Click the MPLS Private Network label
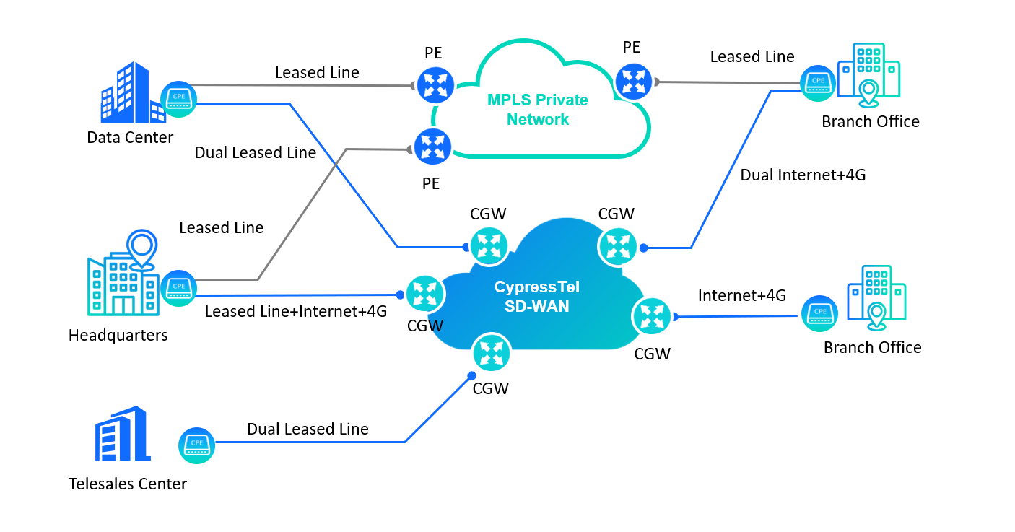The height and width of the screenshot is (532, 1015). click(537, 110)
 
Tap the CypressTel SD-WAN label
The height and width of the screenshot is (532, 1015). click(536, 297)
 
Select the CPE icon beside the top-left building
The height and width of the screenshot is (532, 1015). click(178, 99)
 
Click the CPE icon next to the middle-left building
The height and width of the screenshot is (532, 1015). click(178, 288)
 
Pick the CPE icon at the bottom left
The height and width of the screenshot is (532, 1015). click(196, 445)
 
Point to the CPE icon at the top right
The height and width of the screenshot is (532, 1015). click(818, 83)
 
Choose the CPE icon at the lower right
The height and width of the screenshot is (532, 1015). click(819, 314)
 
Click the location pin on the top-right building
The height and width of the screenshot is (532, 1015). click(869, 93)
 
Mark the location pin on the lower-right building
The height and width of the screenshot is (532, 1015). click(876, 315)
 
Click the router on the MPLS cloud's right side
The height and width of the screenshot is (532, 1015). click(633, 82)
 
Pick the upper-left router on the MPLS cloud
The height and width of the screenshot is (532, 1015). click(435, 85)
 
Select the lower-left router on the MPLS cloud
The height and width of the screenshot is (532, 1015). click(432, 147)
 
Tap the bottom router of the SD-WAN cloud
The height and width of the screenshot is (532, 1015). click(492, 353)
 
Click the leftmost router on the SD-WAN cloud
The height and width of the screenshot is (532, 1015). click(424, 294)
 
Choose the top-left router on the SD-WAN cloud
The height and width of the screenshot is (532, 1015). click(489, 245)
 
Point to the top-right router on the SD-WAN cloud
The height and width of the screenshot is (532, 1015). click(618, 246)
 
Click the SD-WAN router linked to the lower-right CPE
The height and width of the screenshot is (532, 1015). click(652, 316)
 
